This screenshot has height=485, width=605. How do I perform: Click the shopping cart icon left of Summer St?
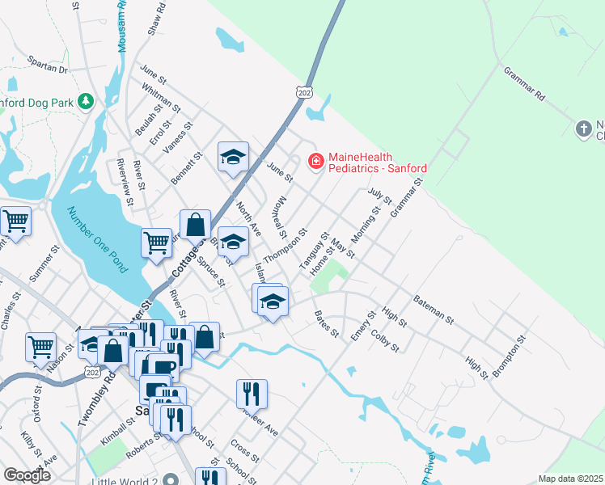pyautogui.click(x=15, y=221)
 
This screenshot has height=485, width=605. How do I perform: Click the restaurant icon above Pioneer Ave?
pyautogui.click(x=252, y=394)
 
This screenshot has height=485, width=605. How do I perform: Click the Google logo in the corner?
pyautogui.click(x=27, y=475)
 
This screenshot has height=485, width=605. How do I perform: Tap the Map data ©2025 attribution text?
pyautogui.click(x=569, y=479)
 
